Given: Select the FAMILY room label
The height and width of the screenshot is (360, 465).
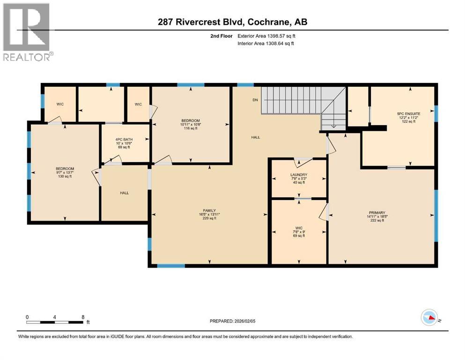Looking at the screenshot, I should click(209, 210).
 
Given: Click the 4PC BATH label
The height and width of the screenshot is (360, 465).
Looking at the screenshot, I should click(125, 139).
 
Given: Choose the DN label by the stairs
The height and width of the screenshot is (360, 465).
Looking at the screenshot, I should click(255, 100).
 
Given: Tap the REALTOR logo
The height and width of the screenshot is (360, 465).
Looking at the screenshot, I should click(27, 32).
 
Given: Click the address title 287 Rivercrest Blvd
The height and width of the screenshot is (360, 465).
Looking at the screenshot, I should click(232, 22).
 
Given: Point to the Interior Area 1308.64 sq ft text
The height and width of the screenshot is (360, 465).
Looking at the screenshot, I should click(266, 44).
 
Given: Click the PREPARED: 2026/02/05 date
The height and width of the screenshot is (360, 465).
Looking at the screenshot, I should click(233, 321).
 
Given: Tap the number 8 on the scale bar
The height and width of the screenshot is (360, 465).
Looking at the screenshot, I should click(83, 316).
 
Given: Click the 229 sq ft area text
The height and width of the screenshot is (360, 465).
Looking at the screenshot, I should click(209, 218).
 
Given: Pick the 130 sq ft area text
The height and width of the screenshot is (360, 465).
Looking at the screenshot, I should click(65, 177).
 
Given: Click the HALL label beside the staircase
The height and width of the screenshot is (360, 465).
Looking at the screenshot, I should click(255, 137).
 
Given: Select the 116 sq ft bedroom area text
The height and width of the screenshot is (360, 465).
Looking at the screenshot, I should click(191, 128).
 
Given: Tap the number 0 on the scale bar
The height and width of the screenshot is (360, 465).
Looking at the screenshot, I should click(28, 316).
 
